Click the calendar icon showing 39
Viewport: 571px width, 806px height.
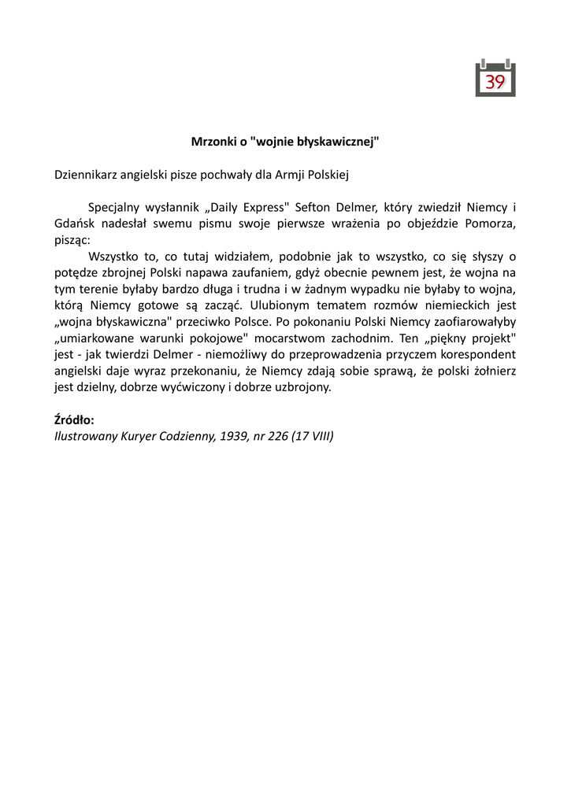pos(495,78)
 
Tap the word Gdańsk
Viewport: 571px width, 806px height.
pos(72,224)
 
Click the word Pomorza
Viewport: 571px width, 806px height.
pos(490,224)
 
